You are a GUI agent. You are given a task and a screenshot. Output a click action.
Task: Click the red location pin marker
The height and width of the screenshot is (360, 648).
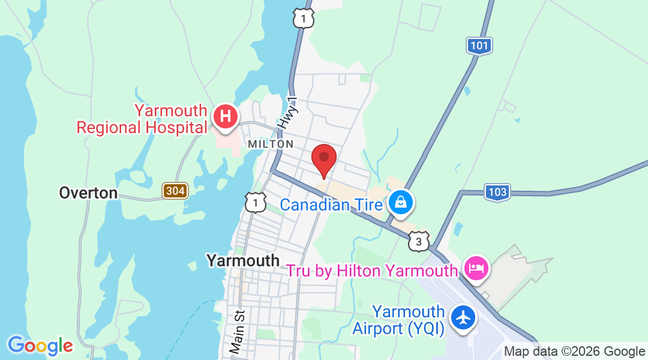click(x=324, y=159)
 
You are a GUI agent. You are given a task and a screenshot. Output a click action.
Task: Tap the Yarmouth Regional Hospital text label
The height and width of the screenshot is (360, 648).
click(x=142, y=119)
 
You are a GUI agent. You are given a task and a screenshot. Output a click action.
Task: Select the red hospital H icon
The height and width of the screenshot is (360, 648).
click(x=226, y=116)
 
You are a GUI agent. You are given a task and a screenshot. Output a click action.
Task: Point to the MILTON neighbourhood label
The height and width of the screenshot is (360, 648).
click(x=271, y=144)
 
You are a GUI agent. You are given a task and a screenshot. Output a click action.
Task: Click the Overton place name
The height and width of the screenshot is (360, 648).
click(x=88, y=193)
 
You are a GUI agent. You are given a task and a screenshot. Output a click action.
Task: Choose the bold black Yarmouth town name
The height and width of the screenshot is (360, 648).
click(x=243, y=260)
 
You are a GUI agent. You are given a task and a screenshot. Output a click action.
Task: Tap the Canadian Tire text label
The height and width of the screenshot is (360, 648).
click(x=332, y=205)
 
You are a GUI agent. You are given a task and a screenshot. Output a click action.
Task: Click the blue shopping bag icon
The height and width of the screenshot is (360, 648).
click(x=400, y=203)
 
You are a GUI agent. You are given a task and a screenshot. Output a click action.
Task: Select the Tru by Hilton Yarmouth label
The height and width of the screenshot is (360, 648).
click(x=371, y=271)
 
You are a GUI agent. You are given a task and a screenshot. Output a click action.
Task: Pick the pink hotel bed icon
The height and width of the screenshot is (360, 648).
click(x=476, y=268)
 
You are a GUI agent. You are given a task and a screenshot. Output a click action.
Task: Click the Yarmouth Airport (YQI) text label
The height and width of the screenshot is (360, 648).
click(x=398, y=320)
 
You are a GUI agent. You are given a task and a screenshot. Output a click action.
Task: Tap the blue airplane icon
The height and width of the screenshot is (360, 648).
click(x=463, y=317)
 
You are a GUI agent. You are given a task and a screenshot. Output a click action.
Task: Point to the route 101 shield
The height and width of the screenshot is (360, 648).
click(x=479, y=45)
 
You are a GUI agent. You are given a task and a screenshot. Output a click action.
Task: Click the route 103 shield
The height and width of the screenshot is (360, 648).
click(x=497, y=192)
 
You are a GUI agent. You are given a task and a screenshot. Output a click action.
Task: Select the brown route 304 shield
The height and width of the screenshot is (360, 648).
click(x=175, y=191)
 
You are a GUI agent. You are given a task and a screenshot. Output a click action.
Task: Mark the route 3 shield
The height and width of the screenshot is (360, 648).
click(x=419, y=241)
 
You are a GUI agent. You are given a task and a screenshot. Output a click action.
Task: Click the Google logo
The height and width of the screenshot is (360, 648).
click(x=40, y=346)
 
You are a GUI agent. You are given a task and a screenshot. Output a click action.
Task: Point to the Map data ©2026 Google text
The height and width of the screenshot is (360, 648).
click(x=574, y=352)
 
